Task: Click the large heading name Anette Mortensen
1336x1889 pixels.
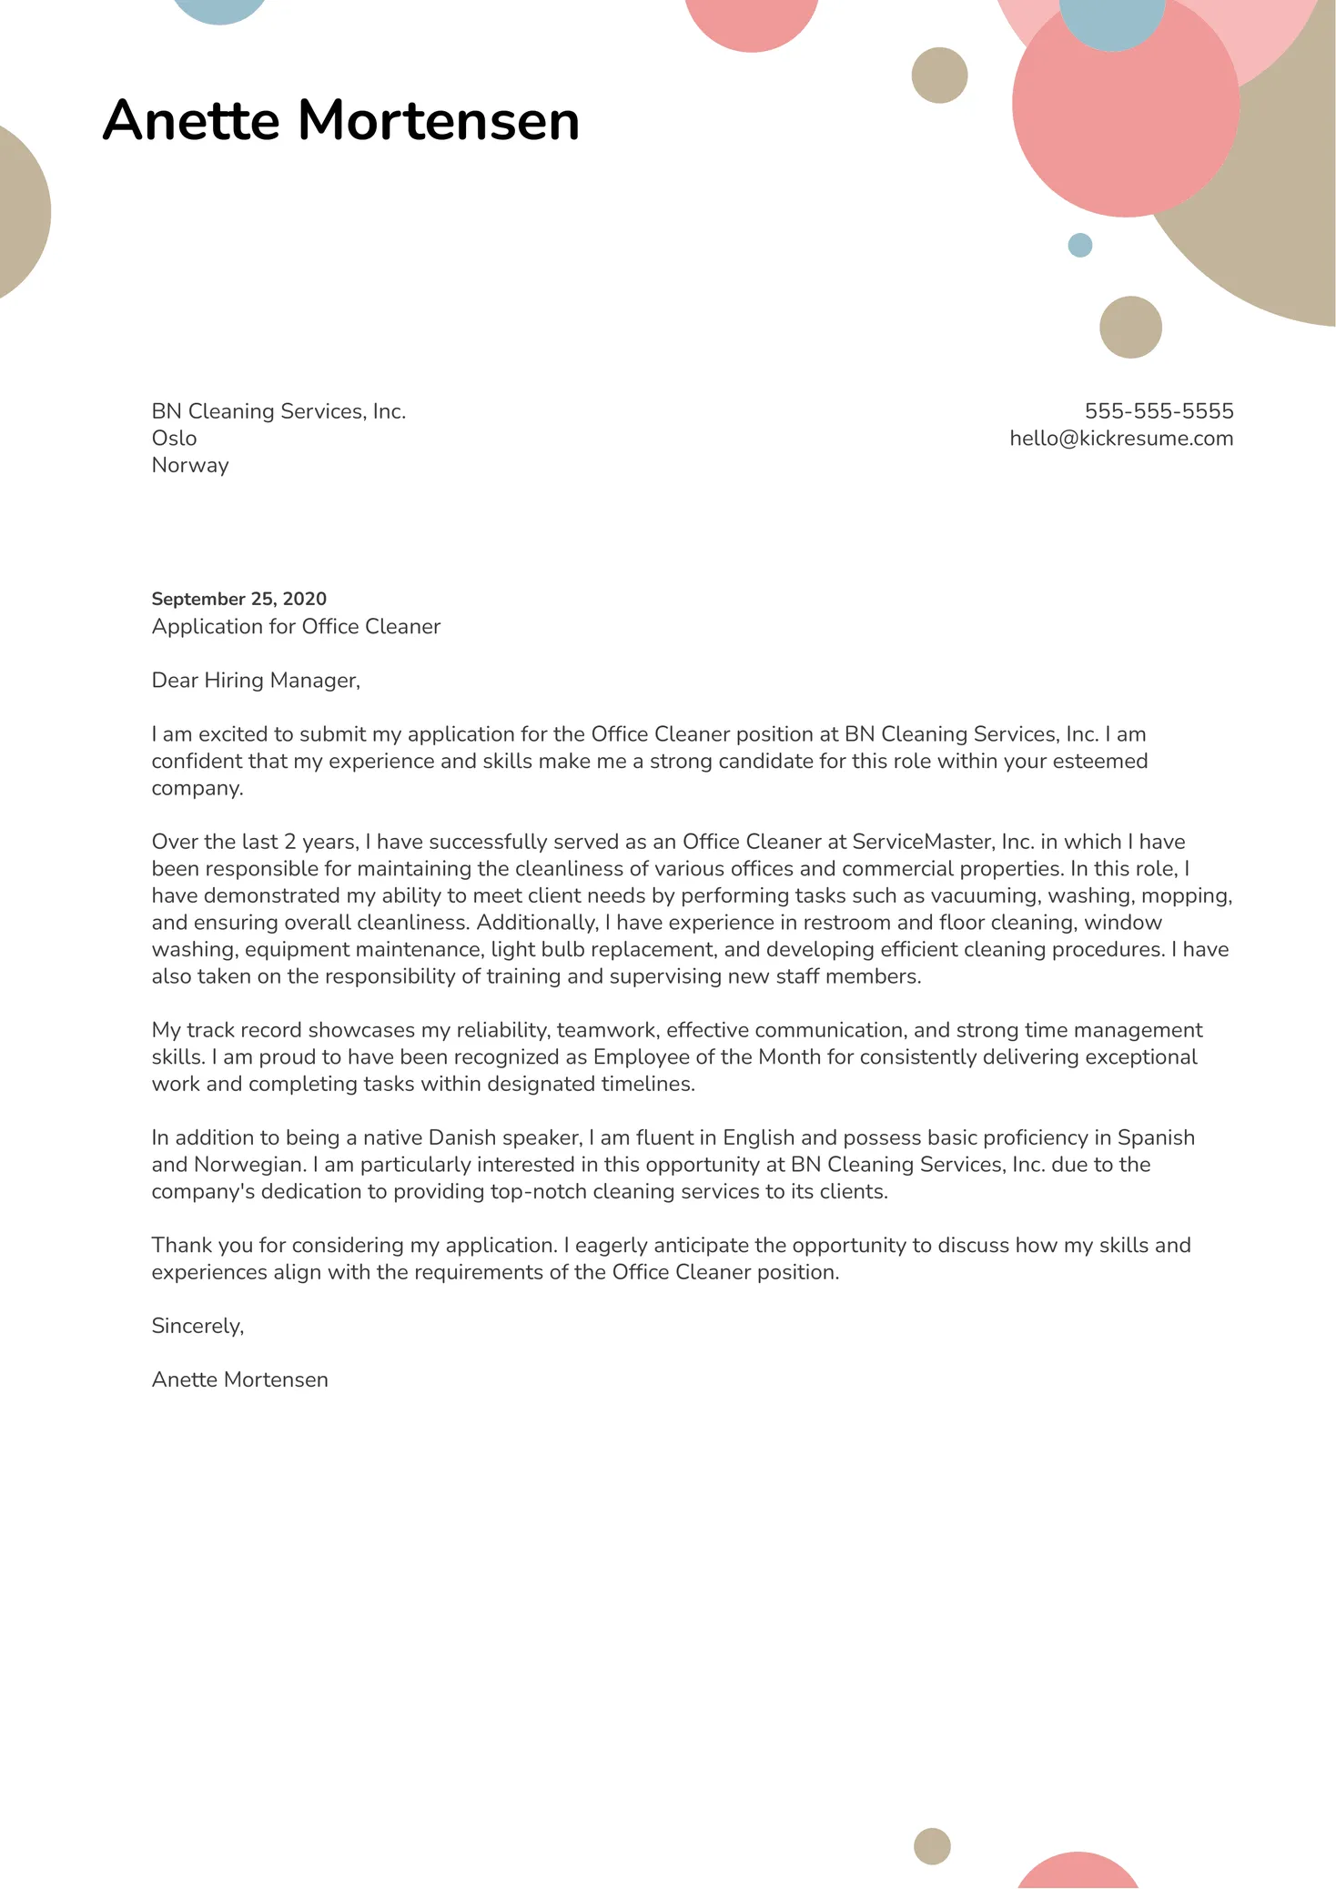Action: [x=340, y=120]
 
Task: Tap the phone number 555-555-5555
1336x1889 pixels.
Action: [x=1159, y=411]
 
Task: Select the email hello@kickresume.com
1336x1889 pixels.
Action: [x=1121, y=439]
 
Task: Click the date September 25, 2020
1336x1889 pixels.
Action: [x=238, y=599]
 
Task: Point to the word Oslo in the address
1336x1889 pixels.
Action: [x=174, y=439]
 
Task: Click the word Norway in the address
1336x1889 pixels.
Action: [x=189, y=465]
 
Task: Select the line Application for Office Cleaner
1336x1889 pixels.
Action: [x=296, y=627]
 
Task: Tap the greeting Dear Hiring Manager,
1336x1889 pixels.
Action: [x=256, y=681]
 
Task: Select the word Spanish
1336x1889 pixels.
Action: [x=1156, y=1137]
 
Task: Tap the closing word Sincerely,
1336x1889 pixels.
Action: [x=197, y=1326]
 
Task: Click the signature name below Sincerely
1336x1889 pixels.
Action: [x=239, y=1379]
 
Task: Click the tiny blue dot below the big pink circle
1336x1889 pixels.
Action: [x=1079, y=245]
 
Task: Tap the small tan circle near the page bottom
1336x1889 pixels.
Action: [x=932, y=1846]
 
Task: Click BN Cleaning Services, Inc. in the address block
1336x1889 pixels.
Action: [x=278, y=411]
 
